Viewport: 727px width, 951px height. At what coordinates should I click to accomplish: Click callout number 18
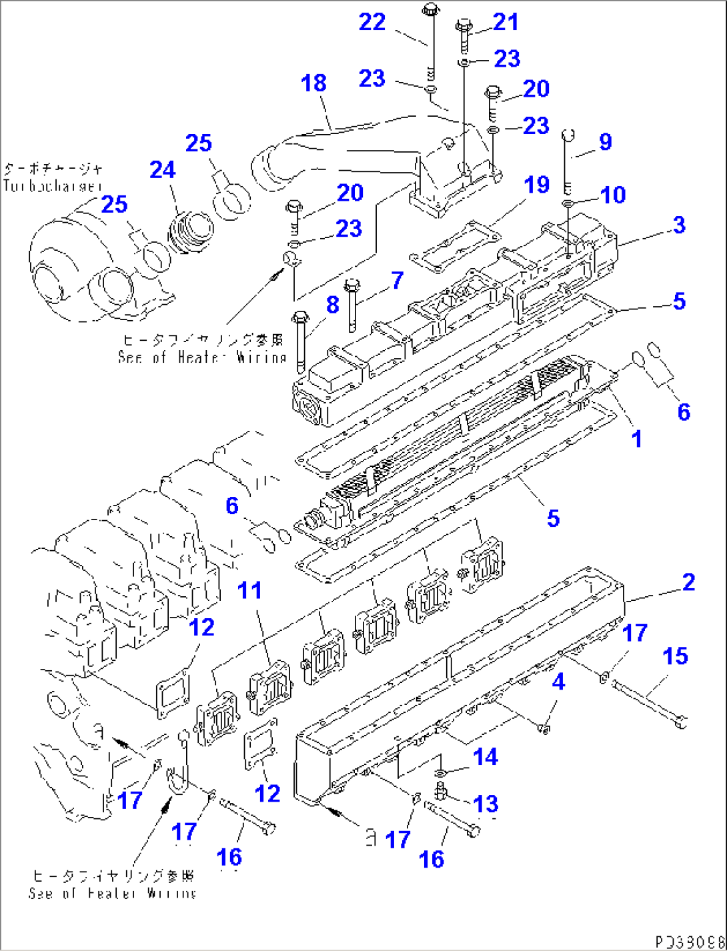[x=313, y=83]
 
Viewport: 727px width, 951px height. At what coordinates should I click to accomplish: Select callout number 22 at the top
[x=372, y=22]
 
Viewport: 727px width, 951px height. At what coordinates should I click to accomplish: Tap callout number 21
[x=505, y=22]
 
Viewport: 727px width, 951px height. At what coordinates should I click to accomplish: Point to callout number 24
[x=163, y=170]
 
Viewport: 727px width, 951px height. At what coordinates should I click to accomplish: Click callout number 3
[x=679, y=225]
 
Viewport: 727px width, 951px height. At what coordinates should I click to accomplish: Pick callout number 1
[x=637, y=439]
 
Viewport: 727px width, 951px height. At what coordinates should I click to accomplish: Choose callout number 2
[x=688, y=582]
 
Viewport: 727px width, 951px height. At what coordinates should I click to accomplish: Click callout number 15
[x=675, y=656]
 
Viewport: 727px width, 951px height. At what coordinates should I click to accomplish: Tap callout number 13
[x=485, y=804]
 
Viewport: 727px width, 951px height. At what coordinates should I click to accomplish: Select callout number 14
[x=485, y=757]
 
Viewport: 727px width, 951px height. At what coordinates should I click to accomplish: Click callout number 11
[x=250, y=590]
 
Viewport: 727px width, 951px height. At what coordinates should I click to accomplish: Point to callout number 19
[x=537, y=185]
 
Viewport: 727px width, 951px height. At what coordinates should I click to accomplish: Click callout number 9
[x=605, y=141]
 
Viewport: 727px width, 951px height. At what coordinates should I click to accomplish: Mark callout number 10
[x=612, y=195]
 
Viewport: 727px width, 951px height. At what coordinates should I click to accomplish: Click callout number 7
[x=398, y=280]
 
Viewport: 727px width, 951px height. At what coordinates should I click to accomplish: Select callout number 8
[x=332, y=305]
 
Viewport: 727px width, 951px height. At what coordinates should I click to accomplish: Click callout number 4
[x=558, y=682]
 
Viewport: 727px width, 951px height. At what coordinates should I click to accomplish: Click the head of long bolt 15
[x=680, y=721]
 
